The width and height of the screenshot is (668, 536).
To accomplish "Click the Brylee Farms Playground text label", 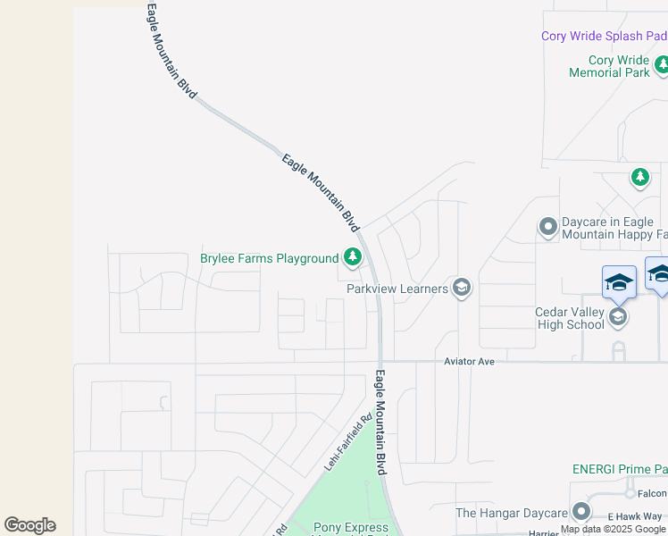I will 269,259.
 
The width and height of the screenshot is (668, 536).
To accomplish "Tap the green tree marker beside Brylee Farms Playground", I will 353,258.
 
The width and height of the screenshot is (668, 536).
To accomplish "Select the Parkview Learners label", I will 397,289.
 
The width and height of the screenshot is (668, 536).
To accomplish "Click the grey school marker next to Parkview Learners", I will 462,288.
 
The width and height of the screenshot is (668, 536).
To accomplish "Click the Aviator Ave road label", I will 469,361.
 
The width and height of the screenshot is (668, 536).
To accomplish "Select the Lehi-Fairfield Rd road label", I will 347,443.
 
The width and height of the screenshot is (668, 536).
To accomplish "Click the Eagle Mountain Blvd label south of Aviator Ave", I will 381,423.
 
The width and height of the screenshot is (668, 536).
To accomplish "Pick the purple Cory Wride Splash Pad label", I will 604,37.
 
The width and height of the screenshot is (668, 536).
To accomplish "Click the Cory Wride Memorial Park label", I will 610,67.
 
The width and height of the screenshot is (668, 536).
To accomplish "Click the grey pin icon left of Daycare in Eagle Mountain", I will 548,228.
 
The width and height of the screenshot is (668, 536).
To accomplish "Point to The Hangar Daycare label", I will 511,513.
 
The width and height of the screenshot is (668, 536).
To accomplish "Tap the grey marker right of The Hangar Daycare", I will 581,512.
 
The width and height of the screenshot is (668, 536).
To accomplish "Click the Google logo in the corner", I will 29,525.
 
